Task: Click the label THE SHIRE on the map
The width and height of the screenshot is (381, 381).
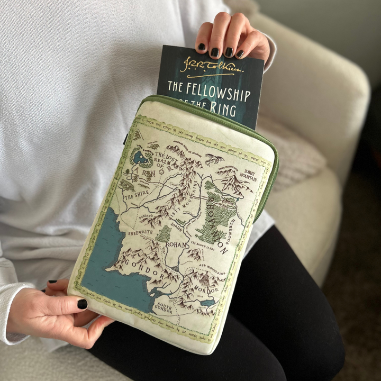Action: coord(137,194)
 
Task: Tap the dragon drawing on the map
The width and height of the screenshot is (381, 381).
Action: coord(215,158)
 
